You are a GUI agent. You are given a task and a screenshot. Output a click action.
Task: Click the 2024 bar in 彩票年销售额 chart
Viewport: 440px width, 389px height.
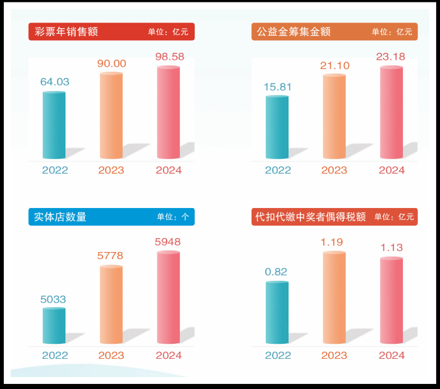pos(168,113)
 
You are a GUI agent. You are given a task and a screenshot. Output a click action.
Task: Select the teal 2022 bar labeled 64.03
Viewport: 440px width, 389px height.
pos(54,125)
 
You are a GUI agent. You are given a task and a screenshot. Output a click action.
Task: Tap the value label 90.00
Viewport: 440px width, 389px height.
pos(111,63)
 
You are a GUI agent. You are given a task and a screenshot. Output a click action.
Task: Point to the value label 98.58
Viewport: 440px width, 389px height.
pos(170,57)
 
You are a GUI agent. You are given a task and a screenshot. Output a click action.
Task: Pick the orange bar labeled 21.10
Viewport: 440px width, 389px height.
pos(334,117)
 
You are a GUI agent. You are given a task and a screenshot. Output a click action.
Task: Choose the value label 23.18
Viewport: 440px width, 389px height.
pos(391,57)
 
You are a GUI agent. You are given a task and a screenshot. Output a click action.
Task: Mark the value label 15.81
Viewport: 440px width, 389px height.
pos(277,87)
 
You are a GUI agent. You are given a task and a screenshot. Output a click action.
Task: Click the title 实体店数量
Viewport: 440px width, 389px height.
pos(60,217)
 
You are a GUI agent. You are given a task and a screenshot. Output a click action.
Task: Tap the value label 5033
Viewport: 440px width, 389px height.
pos(53,299)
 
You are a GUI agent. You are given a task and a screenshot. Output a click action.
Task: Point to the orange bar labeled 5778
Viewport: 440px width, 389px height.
pos(111,305)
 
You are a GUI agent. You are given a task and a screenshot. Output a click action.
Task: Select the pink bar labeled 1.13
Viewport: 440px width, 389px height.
pos(392,301)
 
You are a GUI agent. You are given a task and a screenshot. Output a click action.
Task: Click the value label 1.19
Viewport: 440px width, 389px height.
pos(334,242)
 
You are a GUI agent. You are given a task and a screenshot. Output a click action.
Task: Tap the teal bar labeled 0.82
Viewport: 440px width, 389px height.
pos(277,313)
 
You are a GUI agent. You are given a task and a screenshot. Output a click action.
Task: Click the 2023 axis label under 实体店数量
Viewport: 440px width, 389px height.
pos(111,356)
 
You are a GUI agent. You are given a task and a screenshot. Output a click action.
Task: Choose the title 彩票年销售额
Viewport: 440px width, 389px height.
pos(66,31)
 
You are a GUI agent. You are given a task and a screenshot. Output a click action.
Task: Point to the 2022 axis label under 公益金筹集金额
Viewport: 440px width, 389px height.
pos(278,170)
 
